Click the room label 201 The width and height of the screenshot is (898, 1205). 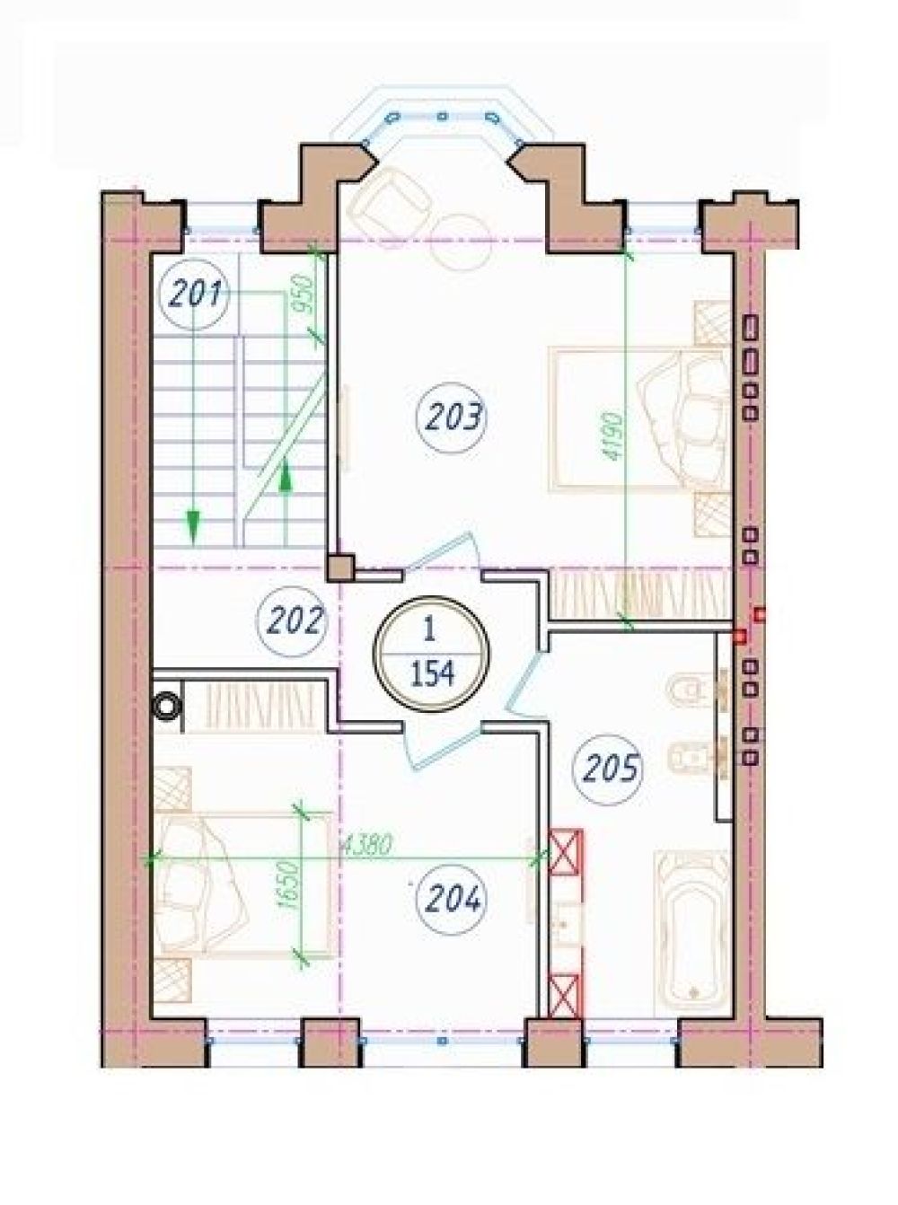point(193,295)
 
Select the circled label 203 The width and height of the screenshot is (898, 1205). point(451,418)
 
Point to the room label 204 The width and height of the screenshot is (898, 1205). point(450,901)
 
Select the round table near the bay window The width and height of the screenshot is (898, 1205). point(462,241)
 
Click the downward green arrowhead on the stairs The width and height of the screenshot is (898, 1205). point(192,526)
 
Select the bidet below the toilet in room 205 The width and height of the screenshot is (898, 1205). point(687,755)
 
